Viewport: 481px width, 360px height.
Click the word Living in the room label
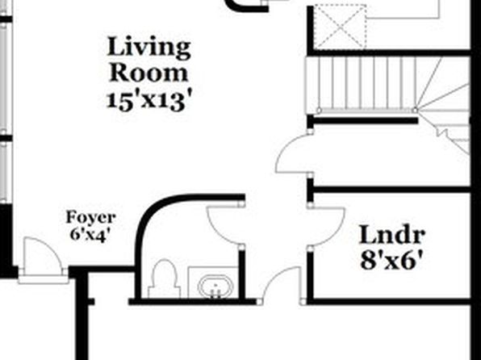click(x=148, y=48)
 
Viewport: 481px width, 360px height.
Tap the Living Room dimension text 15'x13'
click(x=150, y=101)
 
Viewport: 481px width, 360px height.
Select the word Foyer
click(x=91, y=218)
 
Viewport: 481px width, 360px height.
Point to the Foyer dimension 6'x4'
click(x=90, y=235)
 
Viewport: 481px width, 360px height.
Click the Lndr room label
click(x=392, y=235)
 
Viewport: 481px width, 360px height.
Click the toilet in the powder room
click(x=164, y=278)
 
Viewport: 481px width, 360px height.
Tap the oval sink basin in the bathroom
click(x=215, y=287)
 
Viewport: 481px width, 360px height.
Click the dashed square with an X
click(x=341, y=27)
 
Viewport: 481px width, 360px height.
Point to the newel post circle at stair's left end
click(x=319, y=110)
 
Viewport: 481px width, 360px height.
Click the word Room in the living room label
click(x=148, y=73)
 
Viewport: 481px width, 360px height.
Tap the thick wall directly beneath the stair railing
click(x=362, y=120)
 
